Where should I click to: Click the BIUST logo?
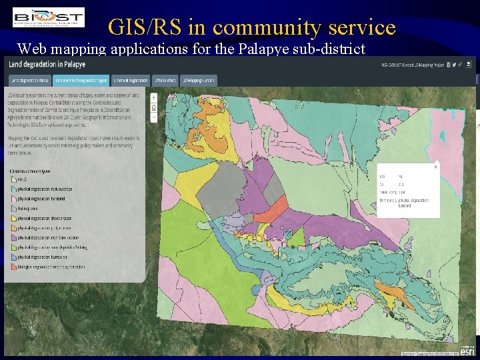point(48,17)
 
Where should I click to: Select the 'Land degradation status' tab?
point(29,81)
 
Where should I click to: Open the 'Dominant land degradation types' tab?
point(81,81)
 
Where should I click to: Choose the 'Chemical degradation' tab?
point(130,81)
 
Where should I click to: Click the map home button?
point(154,107)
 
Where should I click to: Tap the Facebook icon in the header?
point(449,65)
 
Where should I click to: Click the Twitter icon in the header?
point(457,65)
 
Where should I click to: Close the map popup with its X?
point(435,167)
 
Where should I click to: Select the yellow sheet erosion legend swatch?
point(14,219)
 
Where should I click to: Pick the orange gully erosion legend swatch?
point(14,228)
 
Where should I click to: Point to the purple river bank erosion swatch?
point(14,237)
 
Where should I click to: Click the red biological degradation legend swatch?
point(14,266)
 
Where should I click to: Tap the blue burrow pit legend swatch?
point(14,257)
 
